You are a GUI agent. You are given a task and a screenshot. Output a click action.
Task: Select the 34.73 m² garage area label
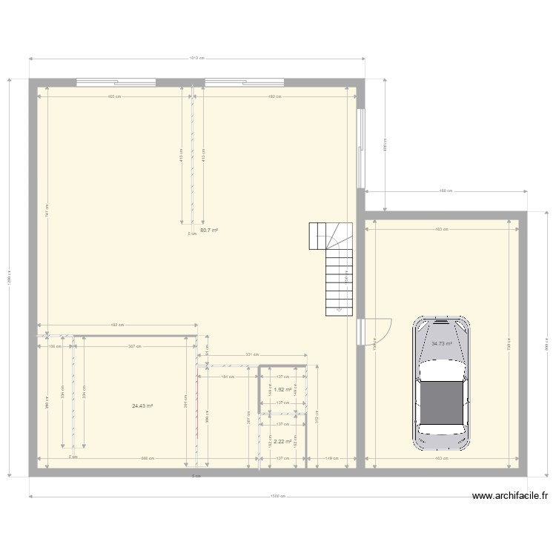tap(442, 344)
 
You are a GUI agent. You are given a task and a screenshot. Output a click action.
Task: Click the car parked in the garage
tap(442, 384)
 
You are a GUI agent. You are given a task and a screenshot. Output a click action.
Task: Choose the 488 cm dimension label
tap(446, 192)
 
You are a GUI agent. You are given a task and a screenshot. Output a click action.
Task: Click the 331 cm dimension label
tap(252, 355)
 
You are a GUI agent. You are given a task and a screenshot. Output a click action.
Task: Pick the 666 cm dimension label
tap(148, 458)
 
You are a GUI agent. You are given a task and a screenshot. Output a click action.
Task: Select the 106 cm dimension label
tap(54, 346)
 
